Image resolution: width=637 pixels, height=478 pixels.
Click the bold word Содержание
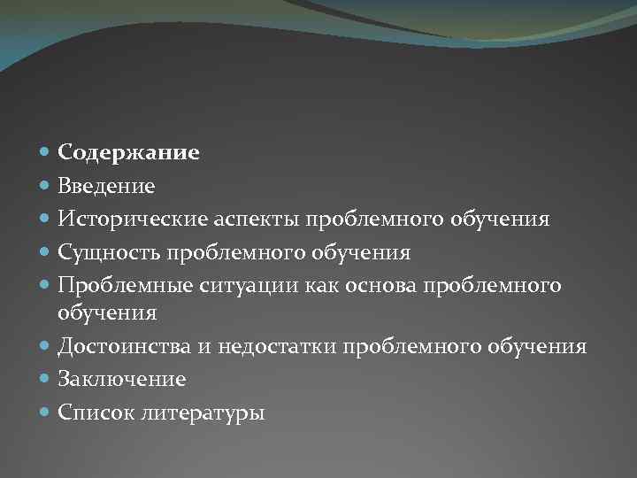tap(128, 153)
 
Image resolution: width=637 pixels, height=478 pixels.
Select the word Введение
tap(106, 186)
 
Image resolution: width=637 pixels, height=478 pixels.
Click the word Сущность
tap(104, 252)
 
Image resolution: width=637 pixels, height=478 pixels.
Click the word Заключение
tap(121, 379)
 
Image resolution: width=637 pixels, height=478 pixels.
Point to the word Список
tap(94, 412)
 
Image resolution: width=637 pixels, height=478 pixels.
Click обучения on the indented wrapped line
tap(107, 312)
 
